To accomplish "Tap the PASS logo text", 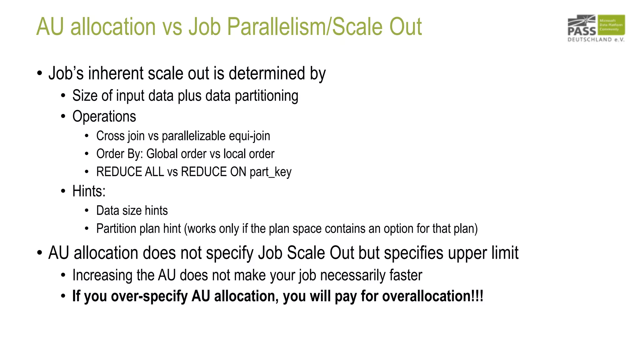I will click(582, 31).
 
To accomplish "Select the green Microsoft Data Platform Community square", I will click(611, 25).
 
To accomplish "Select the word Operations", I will click(104, 117).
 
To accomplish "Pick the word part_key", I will click(270, 172).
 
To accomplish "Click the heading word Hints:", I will click(89, 191).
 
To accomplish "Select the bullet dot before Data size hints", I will click(87, 211).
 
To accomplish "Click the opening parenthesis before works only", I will click(186, 229).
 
